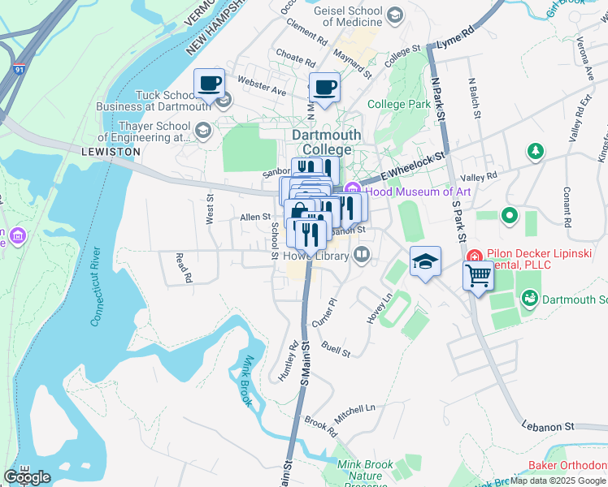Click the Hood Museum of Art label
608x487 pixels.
click(418, 192)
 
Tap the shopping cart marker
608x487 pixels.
click(479, 277)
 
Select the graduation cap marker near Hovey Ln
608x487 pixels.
click(425, 261)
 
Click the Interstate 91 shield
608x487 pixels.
click(18, 71)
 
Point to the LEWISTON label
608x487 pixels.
click(111, 152)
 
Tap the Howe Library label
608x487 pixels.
click(316, 256)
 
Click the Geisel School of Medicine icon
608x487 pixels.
click(394, 15)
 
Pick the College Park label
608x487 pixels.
click(399, 104)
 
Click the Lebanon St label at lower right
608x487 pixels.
click(546, 425)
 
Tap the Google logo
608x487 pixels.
click(27, 476)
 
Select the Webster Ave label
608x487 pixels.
click(262, 85)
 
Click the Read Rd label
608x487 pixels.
click(184, 268)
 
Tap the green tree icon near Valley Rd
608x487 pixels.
click(535, 151)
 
